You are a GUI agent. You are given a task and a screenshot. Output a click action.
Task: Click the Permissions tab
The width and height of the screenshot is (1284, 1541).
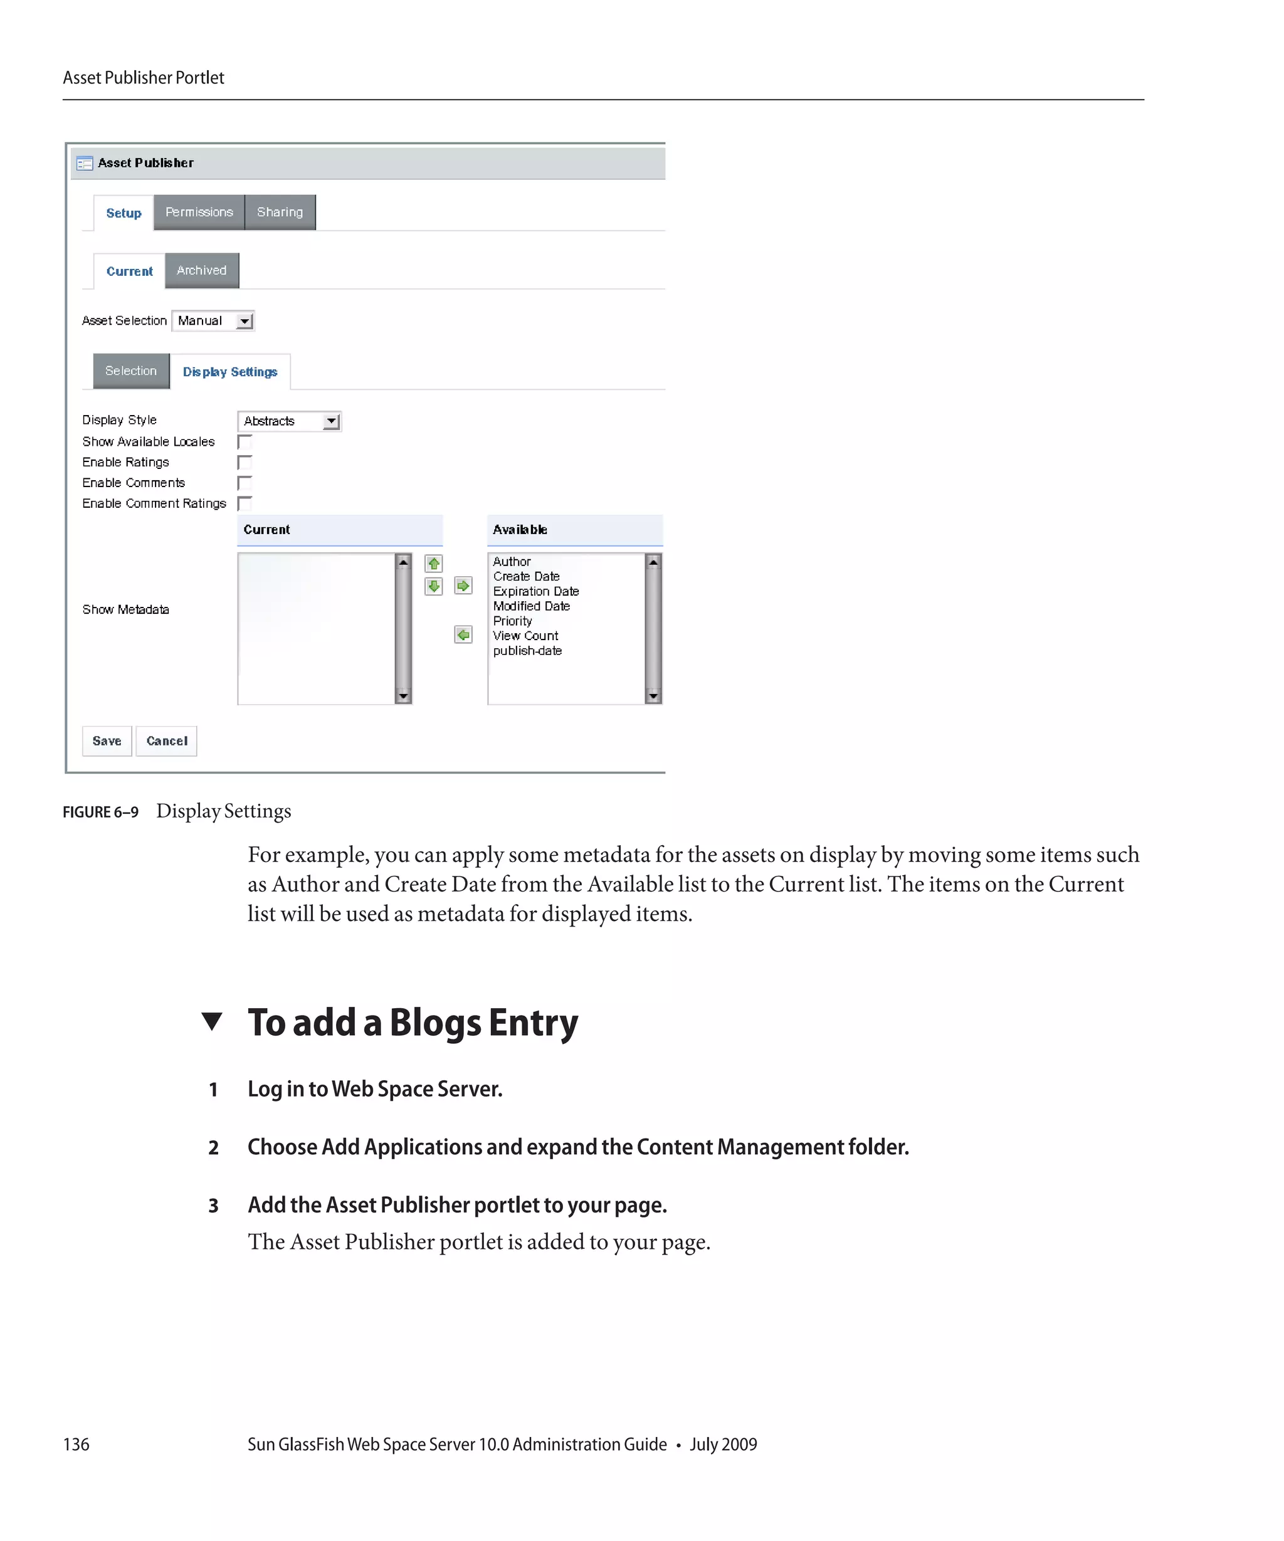199,212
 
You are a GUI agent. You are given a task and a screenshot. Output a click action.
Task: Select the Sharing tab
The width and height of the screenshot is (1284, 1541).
280,212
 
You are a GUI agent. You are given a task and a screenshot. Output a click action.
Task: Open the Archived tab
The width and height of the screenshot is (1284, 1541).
202,270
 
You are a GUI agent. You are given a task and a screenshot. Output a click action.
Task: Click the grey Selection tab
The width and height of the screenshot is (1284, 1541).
130,371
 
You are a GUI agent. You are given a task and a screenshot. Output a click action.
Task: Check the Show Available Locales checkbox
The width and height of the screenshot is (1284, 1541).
245,442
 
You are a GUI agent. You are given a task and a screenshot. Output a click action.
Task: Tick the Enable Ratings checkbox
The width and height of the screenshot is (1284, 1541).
245,462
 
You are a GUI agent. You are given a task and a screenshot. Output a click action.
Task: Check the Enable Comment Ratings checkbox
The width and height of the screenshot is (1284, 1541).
245,503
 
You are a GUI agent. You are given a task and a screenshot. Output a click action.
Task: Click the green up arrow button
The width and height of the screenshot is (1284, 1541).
434,564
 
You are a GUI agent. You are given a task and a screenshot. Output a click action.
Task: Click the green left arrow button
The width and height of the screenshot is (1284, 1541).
463,634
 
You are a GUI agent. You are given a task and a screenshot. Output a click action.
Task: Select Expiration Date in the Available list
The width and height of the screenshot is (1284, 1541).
535,591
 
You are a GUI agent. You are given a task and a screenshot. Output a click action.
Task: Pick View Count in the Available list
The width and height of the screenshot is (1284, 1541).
525,636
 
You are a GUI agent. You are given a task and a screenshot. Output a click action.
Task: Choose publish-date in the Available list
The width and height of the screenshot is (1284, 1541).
527,651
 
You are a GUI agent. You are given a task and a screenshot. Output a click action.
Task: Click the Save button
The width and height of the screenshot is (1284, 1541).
107,740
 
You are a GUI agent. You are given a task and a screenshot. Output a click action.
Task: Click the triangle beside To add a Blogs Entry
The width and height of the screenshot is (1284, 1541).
212,1021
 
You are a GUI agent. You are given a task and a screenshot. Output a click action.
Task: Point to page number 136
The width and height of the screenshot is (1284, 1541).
76,1444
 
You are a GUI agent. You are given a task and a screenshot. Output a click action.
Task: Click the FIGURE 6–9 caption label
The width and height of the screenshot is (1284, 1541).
100,812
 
